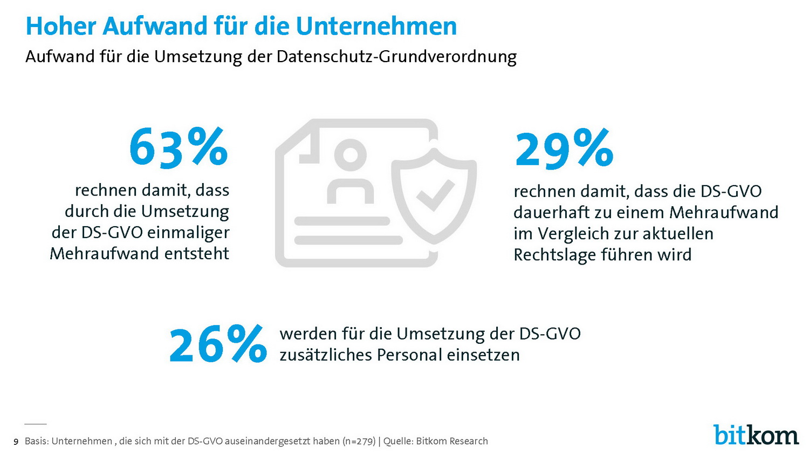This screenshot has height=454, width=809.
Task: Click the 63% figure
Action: [179, 147]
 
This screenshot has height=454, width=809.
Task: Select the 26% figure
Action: [218, 344]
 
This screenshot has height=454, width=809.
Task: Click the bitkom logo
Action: [756, 435]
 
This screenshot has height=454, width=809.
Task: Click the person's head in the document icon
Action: [351, 155]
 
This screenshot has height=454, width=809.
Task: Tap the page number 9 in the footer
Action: [16, 442]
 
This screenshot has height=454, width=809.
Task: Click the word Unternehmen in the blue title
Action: [376, 26]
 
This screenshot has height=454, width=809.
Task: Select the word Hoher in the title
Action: [60, 26]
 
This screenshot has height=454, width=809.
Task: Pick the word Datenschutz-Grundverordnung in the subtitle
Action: [396, 57]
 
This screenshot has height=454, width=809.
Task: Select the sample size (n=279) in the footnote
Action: [359, 441]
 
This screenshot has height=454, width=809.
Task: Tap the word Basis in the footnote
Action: [36, 441]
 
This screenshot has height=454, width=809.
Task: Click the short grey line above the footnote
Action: [36, 424]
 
